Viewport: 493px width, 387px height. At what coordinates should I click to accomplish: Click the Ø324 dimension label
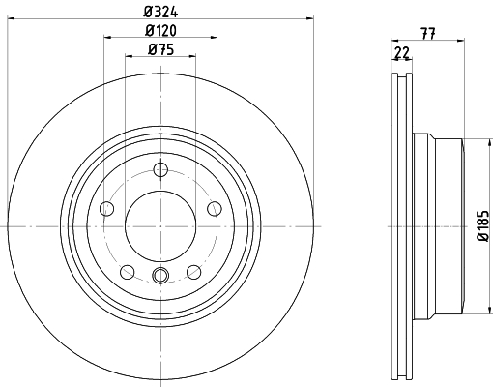click(160, 12)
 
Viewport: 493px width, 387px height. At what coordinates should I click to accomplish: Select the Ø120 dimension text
click(160, 31)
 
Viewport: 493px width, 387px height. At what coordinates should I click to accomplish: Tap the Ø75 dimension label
click(160, 49)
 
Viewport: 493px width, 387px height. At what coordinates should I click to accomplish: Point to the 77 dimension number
click(428, 33)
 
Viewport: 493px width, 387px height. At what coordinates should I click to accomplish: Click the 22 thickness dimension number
click(401, 52)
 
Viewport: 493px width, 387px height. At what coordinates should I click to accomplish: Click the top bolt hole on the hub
click(160, 169)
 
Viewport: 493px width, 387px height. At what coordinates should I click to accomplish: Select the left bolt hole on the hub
click(107, 209)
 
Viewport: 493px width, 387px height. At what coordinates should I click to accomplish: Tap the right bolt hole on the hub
click(215, 209)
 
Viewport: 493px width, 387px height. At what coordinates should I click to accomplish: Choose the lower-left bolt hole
click(128, 272)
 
